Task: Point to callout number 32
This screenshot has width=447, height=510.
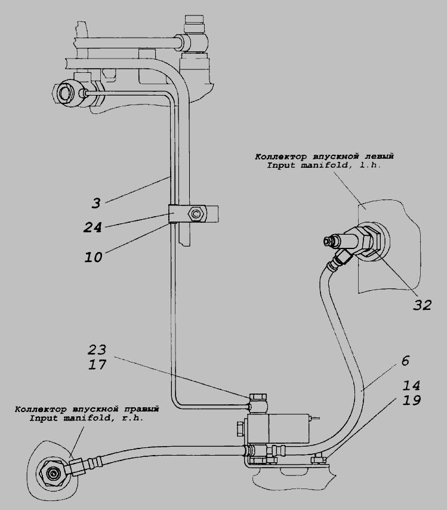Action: point(422,304)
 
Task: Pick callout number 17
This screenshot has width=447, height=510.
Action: point(97,364)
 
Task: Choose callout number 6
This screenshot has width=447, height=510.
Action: point(406,360)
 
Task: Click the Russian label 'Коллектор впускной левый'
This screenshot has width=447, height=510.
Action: point(324,156)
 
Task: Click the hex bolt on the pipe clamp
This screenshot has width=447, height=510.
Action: point(195,213)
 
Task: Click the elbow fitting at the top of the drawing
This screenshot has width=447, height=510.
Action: point(195,41)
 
